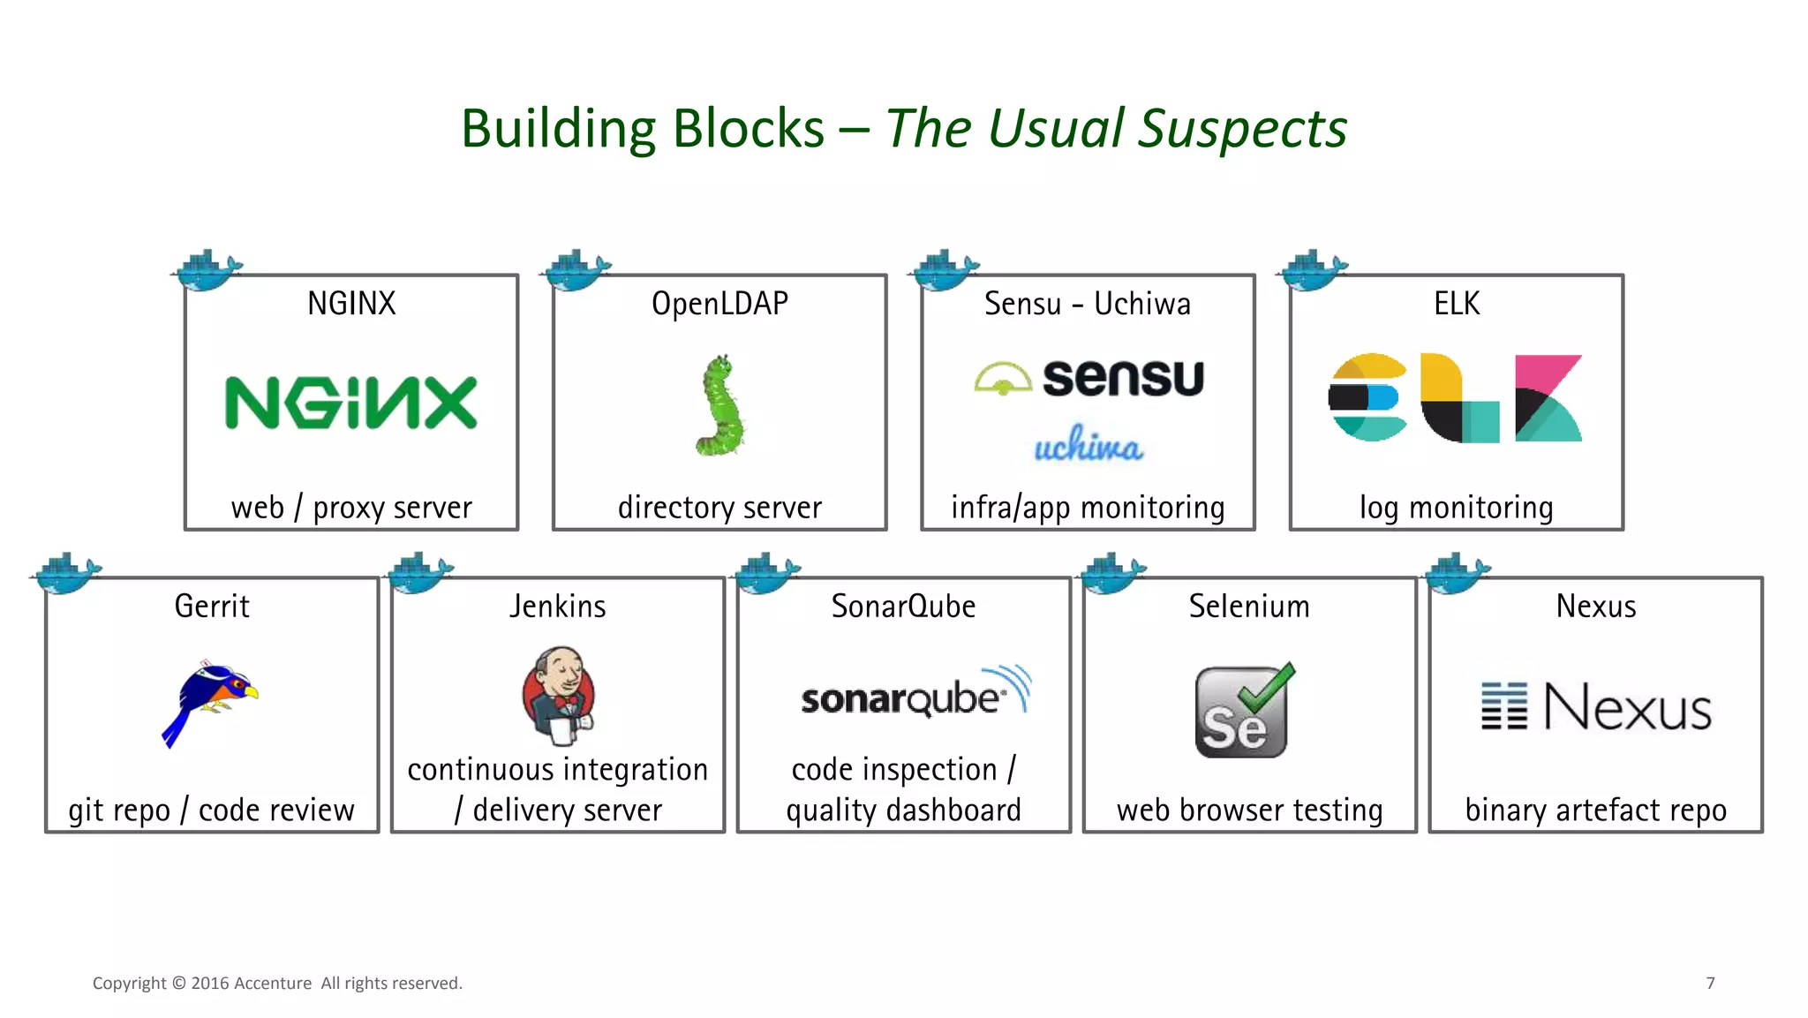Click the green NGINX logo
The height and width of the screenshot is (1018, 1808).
[x=350, y=403]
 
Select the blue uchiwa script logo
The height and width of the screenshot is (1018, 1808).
[x=1088, y=445]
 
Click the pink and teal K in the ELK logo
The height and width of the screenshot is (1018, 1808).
[x=1548, y=398]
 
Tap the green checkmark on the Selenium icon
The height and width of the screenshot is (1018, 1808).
[x=1268, y=689]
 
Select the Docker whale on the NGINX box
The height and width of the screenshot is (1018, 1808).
[x=207, y=270]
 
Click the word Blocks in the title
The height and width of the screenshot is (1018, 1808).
[x=748, y=129]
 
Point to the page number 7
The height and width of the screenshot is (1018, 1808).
[x=1710, y=983]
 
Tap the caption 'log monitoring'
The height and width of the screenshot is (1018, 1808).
[x=1456, y=508]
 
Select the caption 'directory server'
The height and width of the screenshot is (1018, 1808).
[x=719, y=508]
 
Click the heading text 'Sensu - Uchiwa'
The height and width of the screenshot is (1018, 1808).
[x=1087, y=304]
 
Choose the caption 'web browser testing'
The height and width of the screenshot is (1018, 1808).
[x=1249, y=810]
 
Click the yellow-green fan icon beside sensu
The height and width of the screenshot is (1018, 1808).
[x=1003, y=378]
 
